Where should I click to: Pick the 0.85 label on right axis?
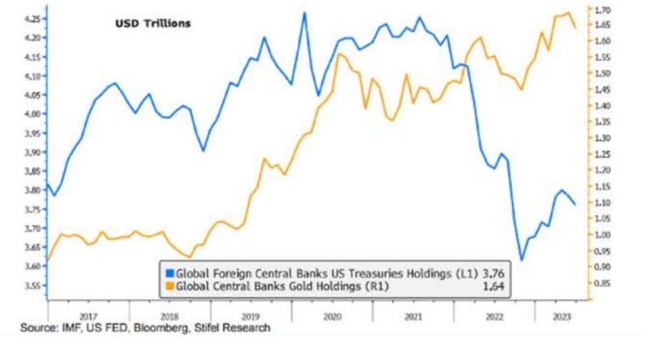603,284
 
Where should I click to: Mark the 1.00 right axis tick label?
603,235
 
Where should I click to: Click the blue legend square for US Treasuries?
170,273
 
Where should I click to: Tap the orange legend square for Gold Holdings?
170,285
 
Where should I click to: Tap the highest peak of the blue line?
304,12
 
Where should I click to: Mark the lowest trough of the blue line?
522,260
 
